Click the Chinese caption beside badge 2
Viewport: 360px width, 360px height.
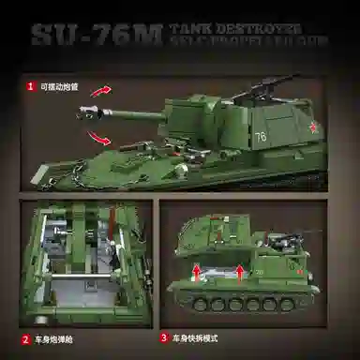pos(54,340)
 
